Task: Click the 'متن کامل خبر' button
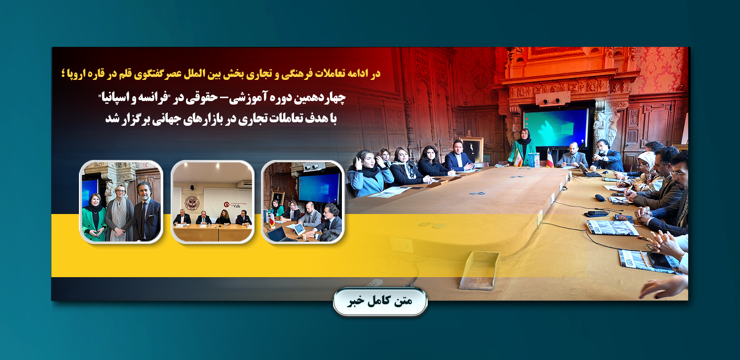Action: point(380,301)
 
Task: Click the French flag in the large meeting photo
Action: point(550,158)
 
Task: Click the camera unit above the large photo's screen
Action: point(553,99)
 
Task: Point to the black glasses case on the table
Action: point(600,198)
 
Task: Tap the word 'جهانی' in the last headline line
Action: point(176,118)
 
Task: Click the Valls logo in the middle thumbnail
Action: point(235,205)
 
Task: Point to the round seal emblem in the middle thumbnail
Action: point(192,203)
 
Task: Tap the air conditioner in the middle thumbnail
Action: point(244,184)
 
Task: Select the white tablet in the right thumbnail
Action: point(299,228)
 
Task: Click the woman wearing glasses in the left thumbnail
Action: point(119,213)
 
